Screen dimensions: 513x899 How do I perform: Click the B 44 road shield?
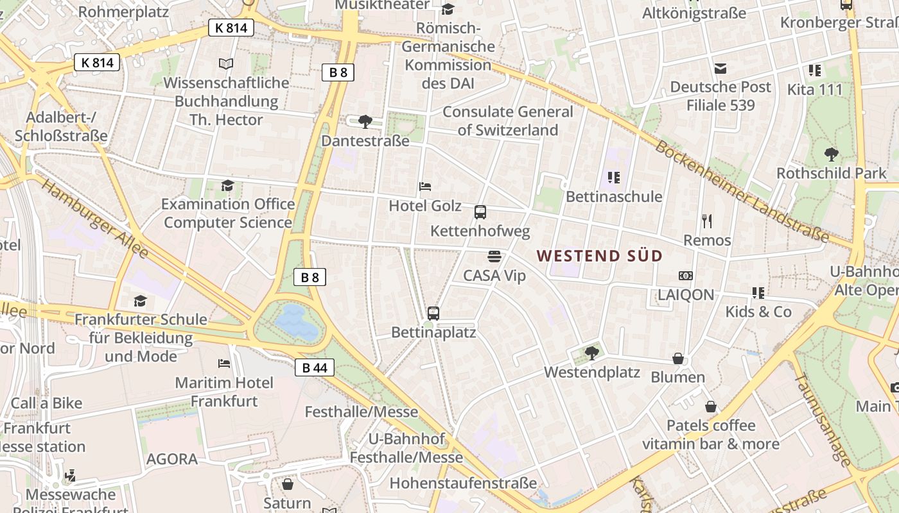click(x=315, y=367)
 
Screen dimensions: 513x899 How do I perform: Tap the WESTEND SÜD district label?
click(x=599, y=256)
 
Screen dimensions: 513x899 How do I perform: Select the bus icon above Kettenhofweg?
click(x=480, y=212)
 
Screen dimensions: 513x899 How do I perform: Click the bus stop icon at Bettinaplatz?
click(x=433, y=314)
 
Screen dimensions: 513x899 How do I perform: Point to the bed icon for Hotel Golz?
click(x=425, y=187)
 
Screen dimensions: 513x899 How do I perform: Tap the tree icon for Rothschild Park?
click(x=831, y=155)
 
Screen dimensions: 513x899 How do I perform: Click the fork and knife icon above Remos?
click(x=707, y=221)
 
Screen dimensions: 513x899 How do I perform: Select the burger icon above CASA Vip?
click(x=494, y=256)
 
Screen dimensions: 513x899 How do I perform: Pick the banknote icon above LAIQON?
click(x=686, y=276)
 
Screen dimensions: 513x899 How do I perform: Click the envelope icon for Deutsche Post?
click(x=720, y=68)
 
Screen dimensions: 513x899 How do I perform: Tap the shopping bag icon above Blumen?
click(x=678, y=358)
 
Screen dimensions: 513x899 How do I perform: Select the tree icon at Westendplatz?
click(x=591, y=353)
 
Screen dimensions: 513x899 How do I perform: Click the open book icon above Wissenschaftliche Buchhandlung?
click(x=225, y=63)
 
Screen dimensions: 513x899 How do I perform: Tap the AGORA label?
click(x=171, y=459)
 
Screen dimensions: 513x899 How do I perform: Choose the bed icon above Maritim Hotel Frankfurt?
click(x=224, y=364)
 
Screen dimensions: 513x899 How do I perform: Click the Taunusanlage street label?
click(x=822, y=420)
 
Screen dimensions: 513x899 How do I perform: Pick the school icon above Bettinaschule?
click(x=613, y=178)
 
